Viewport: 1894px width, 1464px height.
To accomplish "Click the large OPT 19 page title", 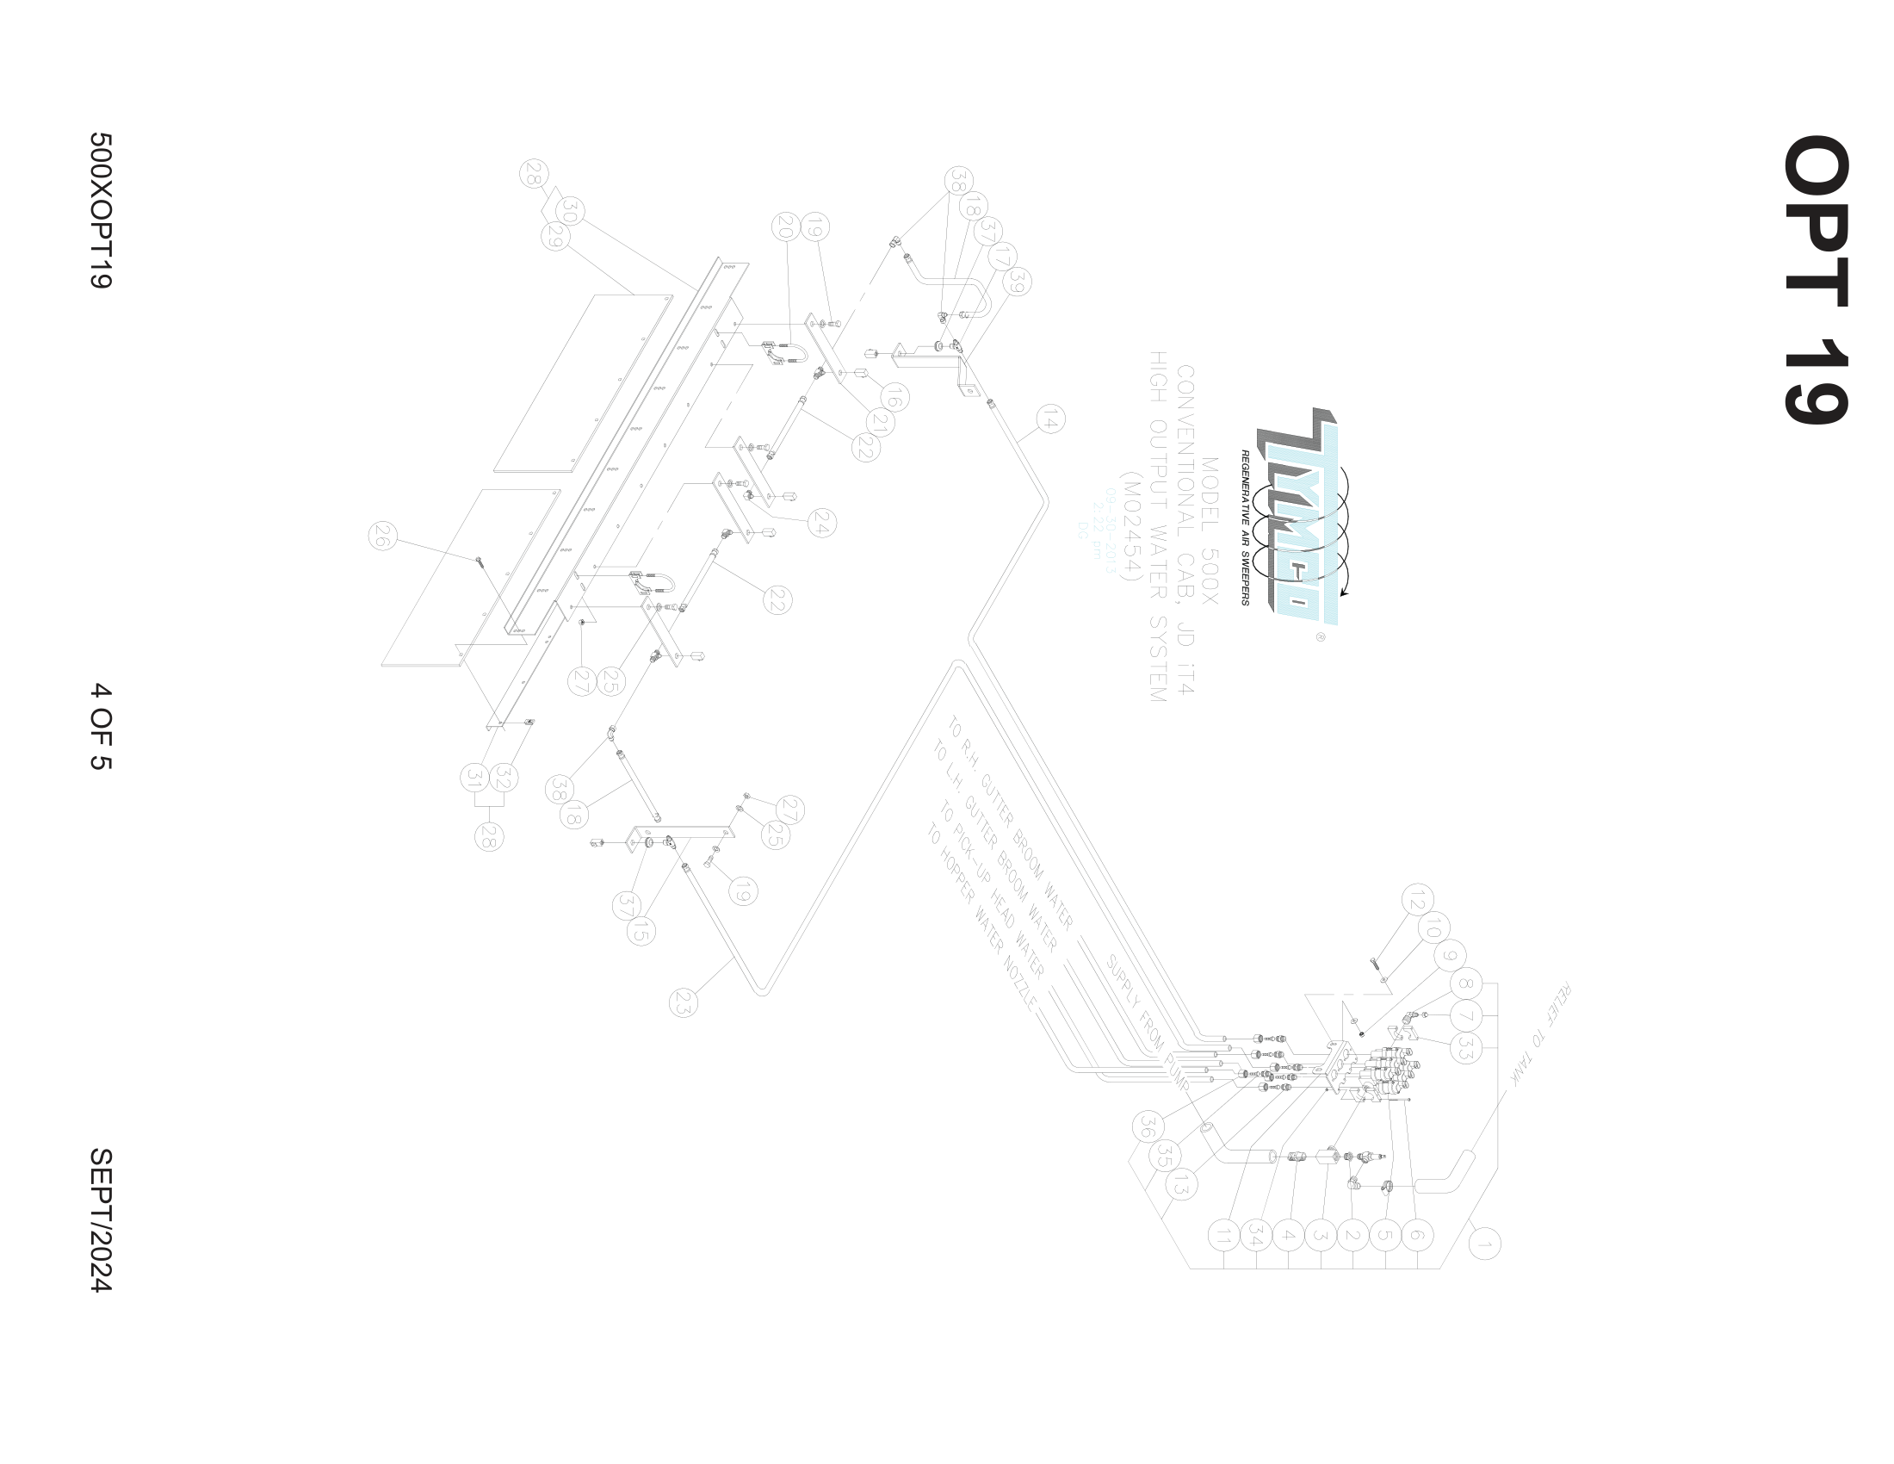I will coord(1816,279).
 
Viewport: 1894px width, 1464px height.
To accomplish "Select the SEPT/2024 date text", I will coord(101,1220).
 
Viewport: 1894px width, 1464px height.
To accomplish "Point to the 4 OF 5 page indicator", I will coord(101,727).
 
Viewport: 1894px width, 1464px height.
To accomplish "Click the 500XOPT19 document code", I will coord(101,210).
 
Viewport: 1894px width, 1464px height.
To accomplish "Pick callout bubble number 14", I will coord(1050,420).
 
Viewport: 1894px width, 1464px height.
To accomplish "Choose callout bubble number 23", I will coord(684,1002).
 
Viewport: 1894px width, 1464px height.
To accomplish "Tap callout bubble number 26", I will coord(382,537).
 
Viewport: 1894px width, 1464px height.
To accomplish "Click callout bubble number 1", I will coord(1484,1244).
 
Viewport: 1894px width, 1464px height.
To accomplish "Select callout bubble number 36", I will coord(1148,1126).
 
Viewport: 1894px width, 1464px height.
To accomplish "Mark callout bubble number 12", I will coord(1415,899).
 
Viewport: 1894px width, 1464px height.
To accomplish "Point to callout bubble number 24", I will coord(821,523).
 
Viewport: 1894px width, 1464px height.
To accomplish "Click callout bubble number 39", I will coord(1018,282).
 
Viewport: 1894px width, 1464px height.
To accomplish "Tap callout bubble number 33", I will coord(1465,1048).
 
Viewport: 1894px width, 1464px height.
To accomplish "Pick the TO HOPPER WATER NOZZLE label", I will coord(981,919).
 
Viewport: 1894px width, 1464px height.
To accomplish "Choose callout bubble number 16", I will coord(894,398).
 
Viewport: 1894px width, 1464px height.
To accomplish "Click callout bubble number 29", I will coord(555,236).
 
